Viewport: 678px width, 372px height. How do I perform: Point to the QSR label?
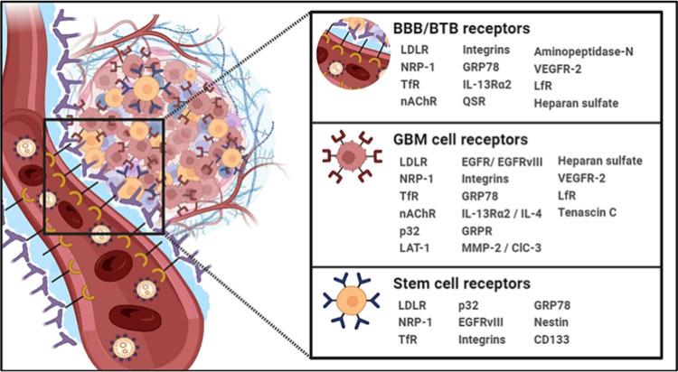474,103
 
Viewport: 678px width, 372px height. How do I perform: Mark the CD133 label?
554,339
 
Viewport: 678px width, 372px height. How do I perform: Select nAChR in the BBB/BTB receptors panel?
417,103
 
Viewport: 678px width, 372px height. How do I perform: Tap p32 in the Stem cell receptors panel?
469,305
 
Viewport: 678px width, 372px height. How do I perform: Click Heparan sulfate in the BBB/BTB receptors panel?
576,103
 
